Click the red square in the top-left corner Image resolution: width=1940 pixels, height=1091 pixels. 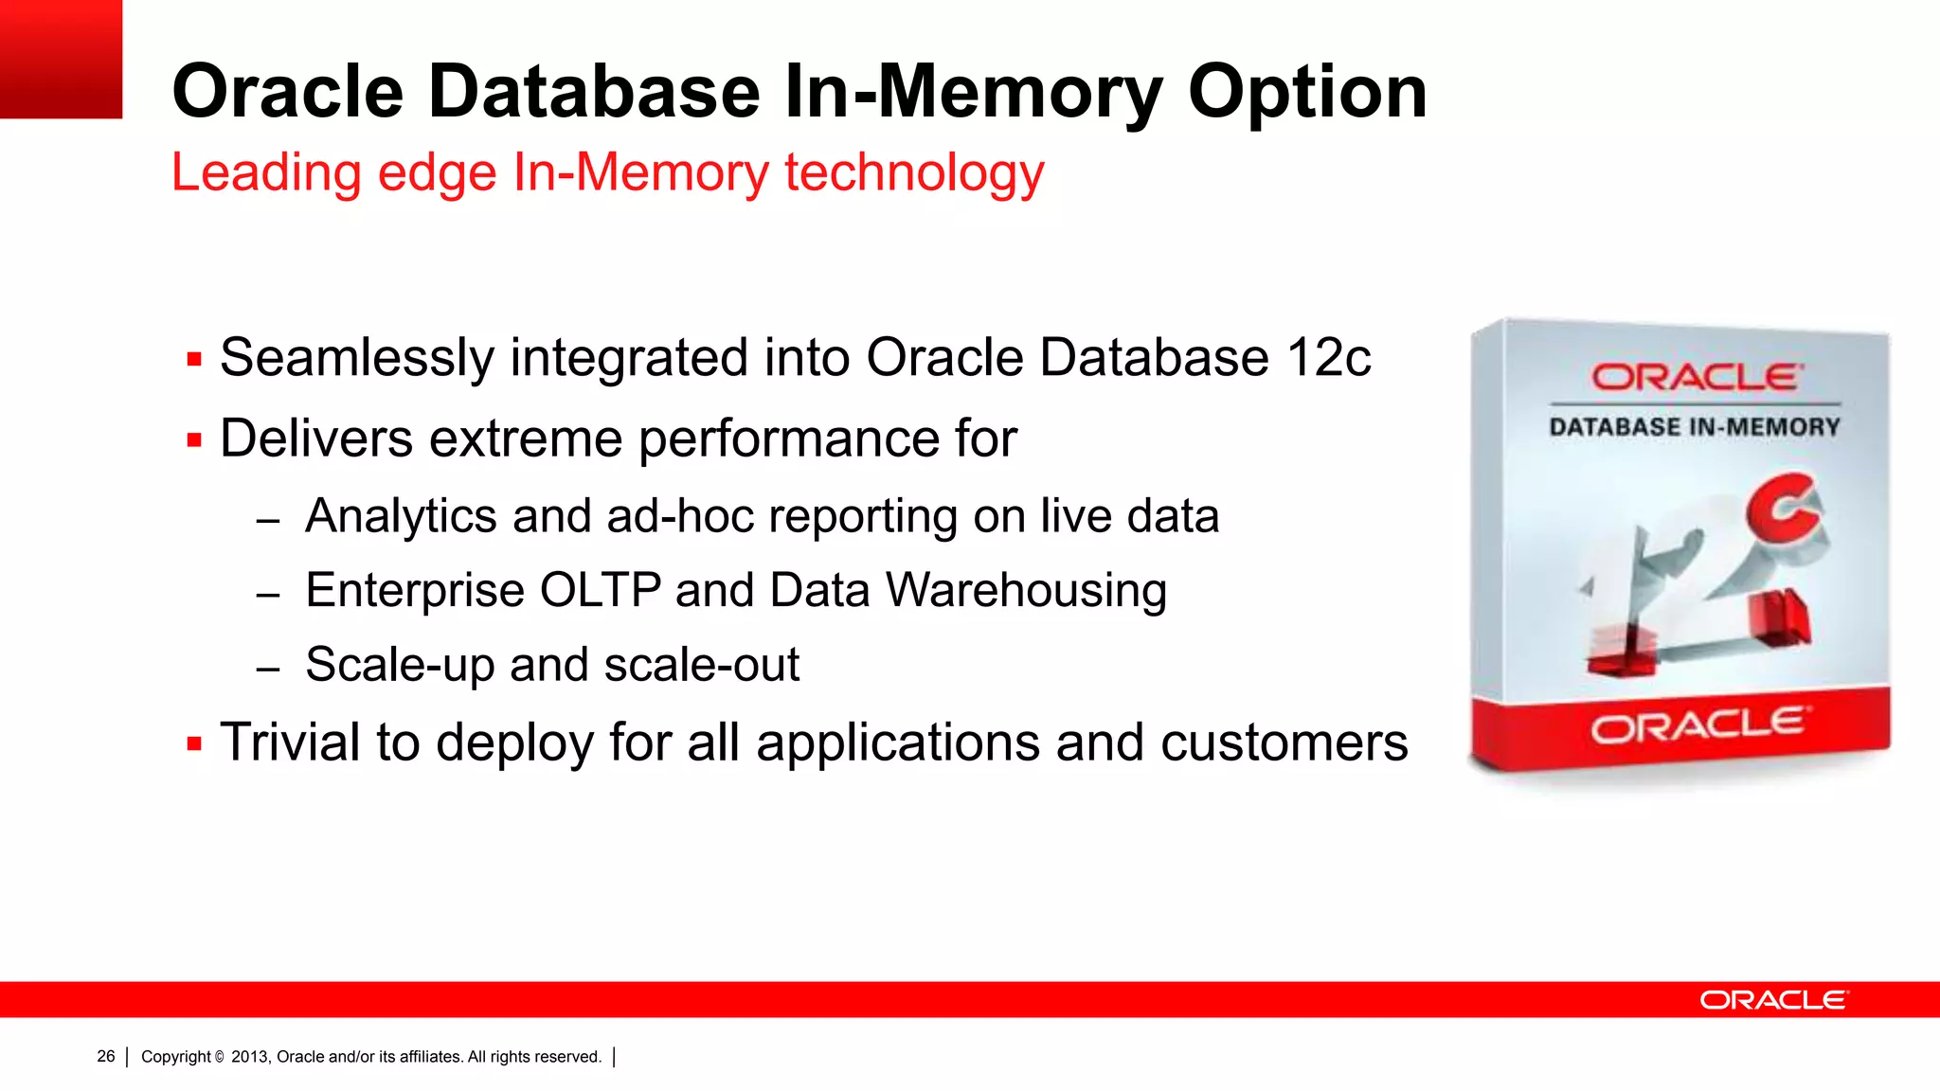point(61,59)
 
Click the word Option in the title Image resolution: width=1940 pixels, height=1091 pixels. point(1307,93)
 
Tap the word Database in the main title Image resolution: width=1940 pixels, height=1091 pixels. point(594,92)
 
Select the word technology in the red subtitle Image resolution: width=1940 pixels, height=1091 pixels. point(914,173)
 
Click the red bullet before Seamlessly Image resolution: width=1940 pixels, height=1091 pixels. point(194,359)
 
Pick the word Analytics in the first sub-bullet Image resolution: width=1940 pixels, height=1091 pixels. point(401,517)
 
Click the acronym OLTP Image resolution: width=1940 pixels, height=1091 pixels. point(600,591)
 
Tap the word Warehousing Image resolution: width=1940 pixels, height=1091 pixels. point(1026,591)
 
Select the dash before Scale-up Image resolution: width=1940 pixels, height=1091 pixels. point(268,669)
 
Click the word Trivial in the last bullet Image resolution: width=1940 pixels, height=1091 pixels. point(290,742)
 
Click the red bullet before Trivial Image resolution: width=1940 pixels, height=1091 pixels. point(194,743)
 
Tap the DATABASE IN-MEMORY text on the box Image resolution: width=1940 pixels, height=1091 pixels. point(1695,427)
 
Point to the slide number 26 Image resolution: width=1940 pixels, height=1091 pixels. point(106,1056)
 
